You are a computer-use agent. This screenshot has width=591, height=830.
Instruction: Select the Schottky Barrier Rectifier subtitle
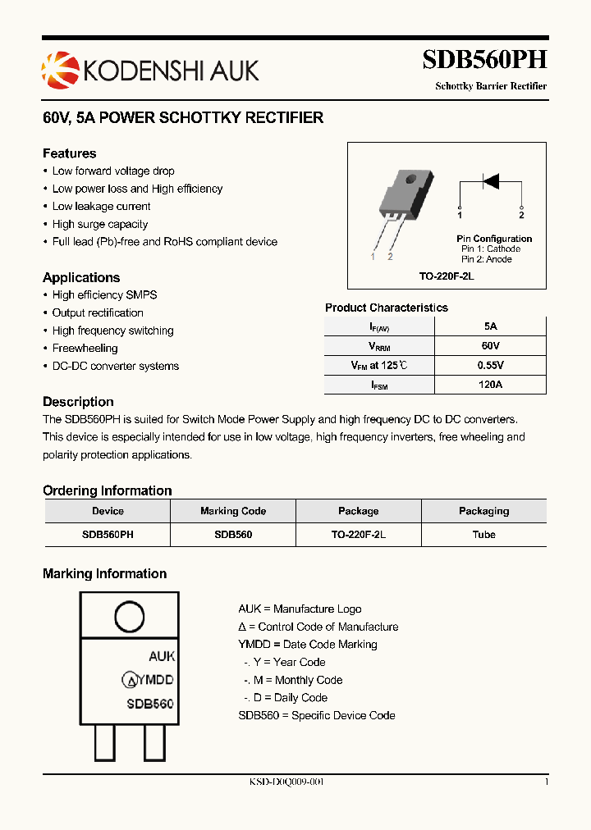pyautogui.click(x=490, y=86)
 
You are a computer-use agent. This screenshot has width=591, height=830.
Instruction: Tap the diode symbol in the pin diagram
pyautogui.click(x=491, y=180)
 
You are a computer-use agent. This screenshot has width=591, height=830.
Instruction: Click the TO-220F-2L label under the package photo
pyautogui.click(x=447, y=277)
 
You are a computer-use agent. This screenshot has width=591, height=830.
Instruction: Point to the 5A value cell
pyautogui.click(x=490, y=326)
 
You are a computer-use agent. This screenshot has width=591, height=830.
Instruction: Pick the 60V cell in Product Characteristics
pyautogui.click(x=490, y=345)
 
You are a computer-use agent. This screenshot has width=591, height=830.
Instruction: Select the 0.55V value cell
pyautogui.click(x=490, y=365)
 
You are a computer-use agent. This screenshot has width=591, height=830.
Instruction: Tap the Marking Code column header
pyautogui.click(x=233, y=511)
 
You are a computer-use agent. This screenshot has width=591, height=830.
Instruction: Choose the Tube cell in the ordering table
pyautogui.click(x=483, y=534)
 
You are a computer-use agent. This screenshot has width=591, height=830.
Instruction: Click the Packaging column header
pyautogui.click(x=483, y=511)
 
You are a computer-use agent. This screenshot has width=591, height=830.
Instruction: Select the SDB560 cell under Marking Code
pyautogui.click(x=233, y=534)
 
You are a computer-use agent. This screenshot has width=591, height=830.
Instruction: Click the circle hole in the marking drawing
pyautogui.click(x=129, y=617)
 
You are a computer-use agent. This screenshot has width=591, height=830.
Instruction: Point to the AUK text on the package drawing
pyautogui.click(x=162, y=656)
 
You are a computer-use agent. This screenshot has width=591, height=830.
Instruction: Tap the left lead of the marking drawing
pyautogui.click(x=104, y=743)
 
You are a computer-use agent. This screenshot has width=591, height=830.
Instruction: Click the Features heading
pyautogui.click(x=70, y=153)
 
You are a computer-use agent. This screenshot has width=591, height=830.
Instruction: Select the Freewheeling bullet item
pyautogui.click(x=85, y=349)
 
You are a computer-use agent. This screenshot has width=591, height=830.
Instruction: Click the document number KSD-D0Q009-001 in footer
pyautogui.click(x=286, y=782)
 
